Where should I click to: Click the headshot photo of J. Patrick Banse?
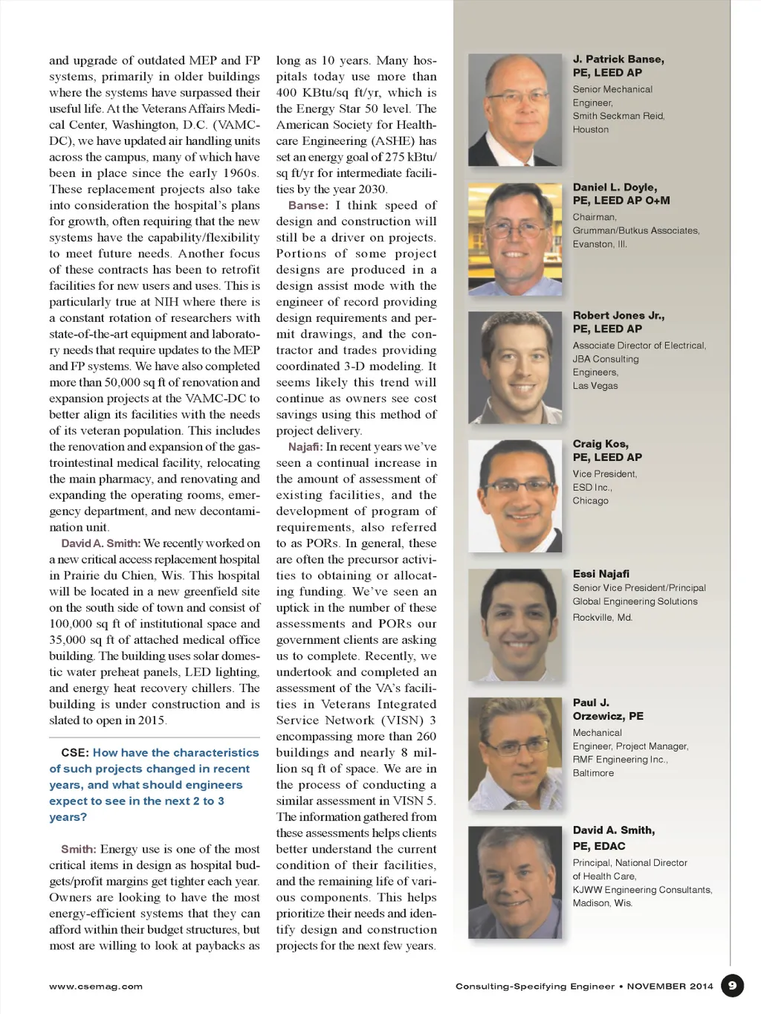coord(515,110)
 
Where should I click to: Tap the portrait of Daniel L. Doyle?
coord(515,239)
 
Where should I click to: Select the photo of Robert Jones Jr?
coord(515,367)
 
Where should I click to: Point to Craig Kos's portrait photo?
coord(515,496)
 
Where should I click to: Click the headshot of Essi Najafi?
coord(515,624)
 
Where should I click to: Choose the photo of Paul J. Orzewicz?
coord(515,753)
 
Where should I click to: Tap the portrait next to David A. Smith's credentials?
coord(515,882)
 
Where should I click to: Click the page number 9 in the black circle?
coord(732,986)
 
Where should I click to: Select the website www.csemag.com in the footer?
coord(96,986)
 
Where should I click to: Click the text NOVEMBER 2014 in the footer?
coord(670,986)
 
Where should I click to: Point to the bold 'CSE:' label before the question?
coord(75,753)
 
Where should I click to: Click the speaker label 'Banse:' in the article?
coord(308,206)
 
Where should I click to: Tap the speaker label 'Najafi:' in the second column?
coord(305,447)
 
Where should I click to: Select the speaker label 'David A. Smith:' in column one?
coord(100,543)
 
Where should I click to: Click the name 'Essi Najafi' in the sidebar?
coord(600,574)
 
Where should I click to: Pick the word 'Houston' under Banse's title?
coord(590,129)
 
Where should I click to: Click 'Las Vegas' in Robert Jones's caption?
coord(595,386)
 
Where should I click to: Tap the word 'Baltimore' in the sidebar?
coord(593,773)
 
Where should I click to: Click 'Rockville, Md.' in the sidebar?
coord(602,618)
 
